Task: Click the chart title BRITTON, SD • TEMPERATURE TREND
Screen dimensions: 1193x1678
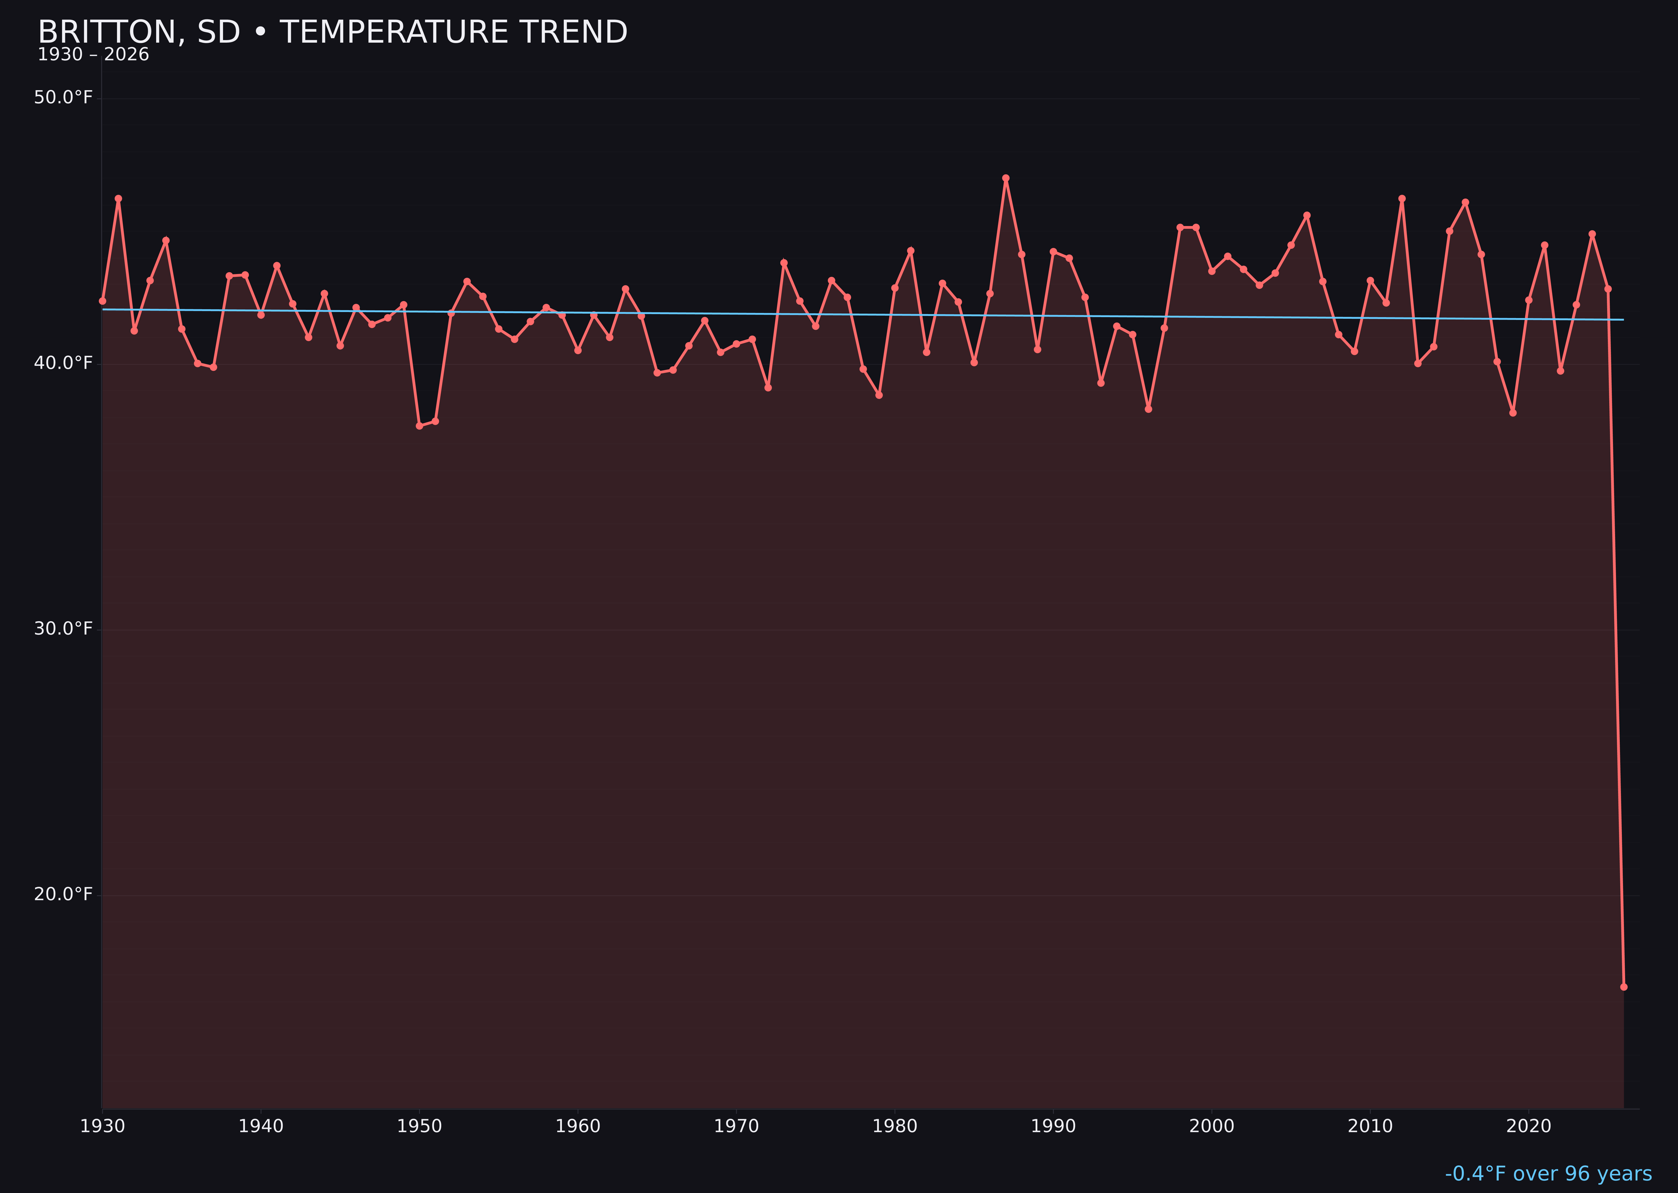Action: pos(332,32)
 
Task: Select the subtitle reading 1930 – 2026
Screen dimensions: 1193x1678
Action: pos(93,55)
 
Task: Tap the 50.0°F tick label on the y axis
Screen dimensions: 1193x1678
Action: pos(63,98)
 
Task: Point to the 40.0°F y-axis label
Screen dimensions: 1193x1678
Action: pos(63,363)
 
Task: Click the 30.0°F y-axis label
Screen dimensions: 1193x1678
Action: pos(63,629)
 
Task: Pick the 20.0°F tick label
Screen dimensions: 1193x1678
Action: pos(63,894)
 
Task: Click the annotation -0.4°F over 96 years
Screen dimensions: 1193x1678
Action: pos(1548,1174)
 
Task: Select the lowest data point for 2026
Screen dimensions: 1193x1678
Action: pos(1623,987)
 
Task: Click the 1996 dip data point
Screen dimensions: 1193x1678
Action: pos(1148,409)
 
